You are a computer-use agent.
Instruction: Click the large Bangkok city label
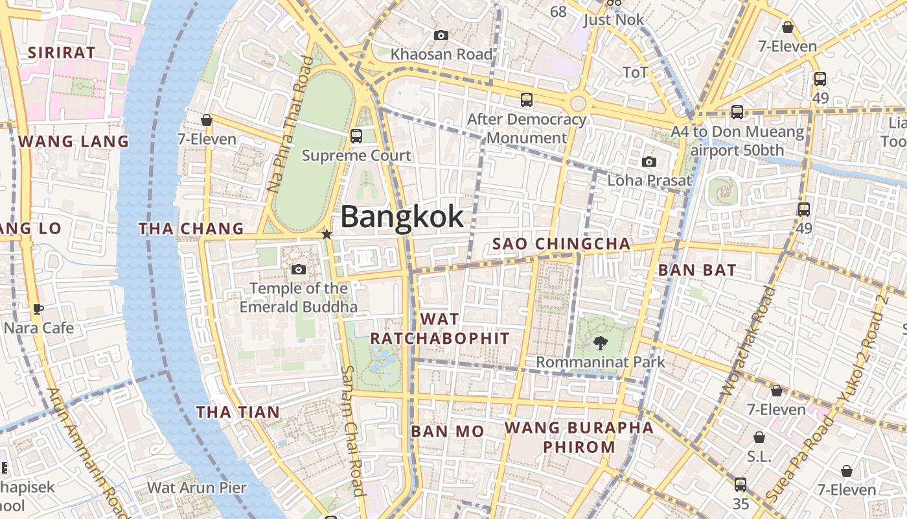[402, 217]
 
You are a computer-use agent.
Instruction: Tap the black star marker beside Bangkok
[327, 234]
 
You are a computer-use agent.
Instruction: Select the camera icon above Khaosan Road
[441, 35]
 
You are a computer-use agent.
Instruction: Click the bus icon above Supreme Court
[356, 136]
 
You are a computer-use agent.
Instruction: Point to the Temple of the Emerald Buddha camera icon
[299, 269]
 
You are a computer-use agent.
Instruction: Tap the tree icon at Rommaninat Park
[601, 343]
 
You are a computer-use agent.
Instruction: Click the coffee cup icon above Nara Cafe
[38, 309]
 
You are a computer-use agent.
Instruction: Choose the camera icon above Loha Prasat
[649, 162]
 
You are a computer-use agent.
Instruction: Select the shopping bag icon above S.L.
[759, 437]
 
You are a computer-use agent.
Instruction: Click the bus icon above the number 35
[741, 485]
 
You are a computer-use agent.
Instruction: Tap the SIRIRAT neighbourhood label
[62, 53]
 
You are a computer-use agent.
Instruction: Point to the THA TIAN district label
[238, 412]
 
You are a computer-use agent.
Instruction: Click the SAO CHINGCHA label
[561, 244]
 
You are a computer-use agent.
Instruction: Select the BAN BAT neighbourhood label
[696, 270]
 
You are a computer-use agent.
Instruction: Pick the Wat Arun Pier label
[197, 487]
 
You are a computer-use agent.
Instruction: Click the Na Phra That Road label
[290, 124]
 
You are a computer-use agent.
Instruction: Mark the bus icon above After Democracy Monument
[527, 100]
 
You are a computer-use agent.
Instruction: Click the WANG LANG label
[73, 141]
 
